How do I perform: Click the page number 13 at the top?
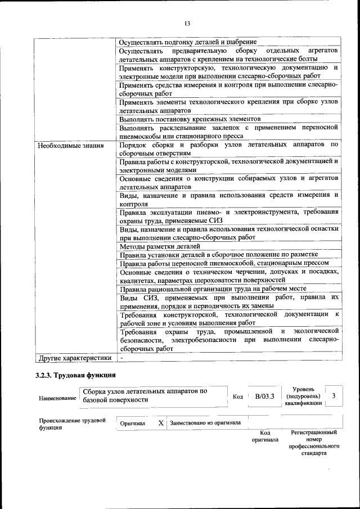coord(187,22)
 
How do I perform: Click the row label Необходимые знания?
coord(71,146)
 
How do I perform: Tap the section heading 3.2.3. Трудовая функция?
coord(76,375)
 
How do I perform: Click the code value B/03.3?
coord(264,397)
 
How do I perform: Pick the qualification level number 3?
coord(334,396)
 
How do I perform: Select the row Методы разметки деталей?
coord(160,246)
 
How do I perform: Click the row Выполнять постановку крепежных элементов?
coord(190,119)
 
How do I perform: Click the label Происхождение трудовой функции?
coord(72,424)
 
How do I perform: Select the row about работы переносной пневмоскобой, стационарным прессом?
coord(224,263)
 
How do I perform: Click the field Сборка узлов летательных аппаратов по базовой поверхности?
coord(145,395)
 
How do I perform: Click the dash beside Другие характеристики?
coord(121,357)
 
